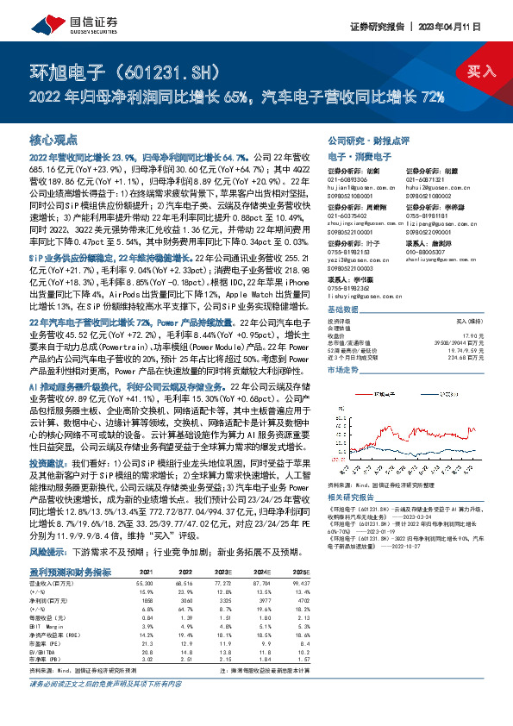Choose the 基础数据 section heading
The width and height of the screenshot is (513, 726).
click(343, 310)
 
